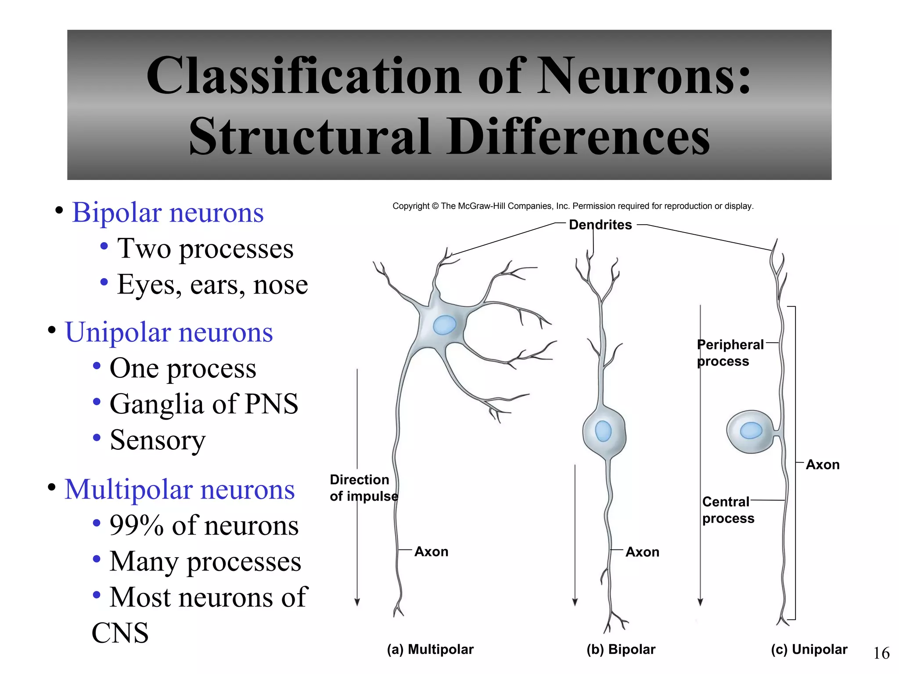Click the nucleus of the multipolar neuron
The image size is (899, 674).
point(444,325)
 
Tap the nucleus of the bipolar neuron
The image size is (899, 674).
point(603,430)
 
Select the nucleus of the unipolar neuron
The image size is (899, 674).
point(751,430)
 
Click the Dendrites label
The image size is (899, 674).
point(600,225)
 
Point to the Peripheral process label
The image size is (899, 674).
point(730,353)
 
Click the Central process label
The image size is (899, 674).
point(727,510)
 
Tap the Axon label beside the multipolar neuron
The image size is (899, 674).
point(432,552)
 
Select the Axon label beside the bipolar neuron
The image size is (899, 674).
point(642,552)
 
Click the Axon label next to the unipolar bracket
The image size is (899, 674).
point(823,465)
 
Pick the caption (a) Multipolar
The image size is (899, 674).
point(430,649)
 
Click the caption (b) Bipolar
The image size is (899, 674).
point(621,649)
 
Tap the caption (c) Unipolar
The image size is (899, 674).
point(809,649)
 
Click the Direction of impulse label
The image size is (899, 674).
point(363,488)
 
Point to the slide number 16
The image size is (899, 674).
point(881,653)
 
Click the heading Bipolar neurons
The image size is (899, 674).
point(168,213)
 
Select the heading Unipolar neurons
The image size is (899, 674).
point(169,332)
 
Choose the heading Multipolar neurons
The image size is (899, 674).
point(180,489)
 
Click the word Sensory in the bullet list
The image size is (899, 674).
point(158,440)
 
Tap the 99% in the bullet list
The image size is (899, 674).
point(136,525)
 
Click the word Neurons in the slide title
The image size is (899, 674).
point(644,75)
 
